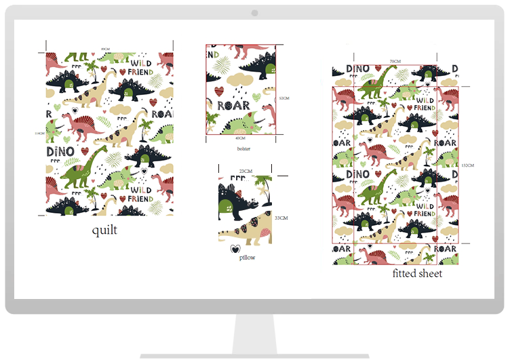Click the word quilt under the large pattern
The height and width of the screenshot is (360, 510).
coord(105,230)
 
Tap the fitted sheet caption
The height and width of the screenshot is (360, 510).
coord(417,273)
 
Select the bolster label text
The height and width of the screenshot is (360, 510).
coord(243,148)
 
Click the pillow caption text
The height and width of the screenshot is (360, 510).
coord(247,258)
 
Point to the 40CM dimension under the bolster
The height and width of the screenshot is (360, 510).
coord(240,138)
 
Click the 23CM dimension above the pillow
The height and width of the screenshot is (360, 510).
coord(246,171)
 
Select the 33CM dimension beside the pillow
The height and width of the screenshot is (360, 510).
coord(281,218)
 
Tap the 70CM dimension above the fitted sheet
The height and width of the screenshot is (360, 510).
coord(395,61)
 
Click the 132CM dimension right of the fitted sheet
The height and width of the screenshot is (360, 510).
coord(467,165)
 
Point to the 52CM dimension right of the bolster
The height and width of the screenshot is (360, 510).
coord(284,98)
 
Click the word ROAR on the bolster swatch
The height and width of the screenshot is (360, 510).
coord(234,105)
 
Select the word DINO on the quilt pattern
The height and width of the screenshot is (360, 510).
coord(59,151)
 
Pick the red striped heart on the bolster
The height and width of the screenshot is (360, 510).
coord(217,89)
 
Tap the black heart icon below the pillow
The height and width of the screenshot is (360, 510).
coord(235,249)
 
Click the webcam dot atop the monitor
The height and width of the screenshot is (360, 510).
coord(255,14)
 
